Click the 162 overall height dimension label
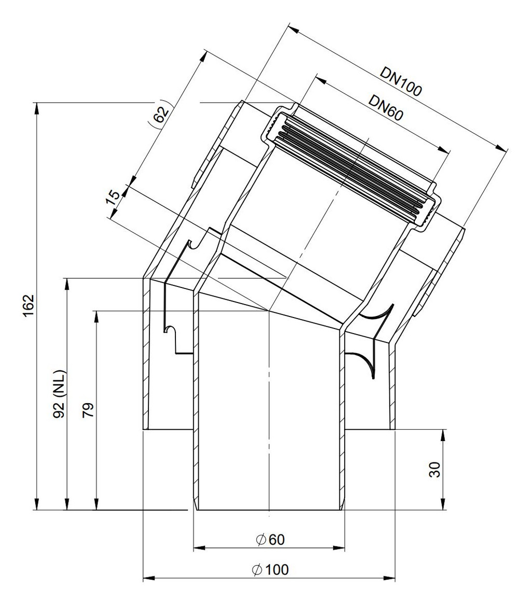29,305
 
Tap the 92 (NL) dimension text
60,394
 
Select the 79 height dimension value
88,410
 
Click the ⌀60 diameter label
270,540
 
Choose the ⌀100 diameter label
270,570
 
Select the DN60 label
386,107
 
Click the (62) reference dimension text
159,114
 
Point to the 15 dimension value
113,198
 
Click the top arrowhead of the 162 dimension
36,107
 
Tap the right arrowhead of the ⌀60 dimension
339,547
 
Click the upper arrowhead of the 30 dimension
443,435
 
